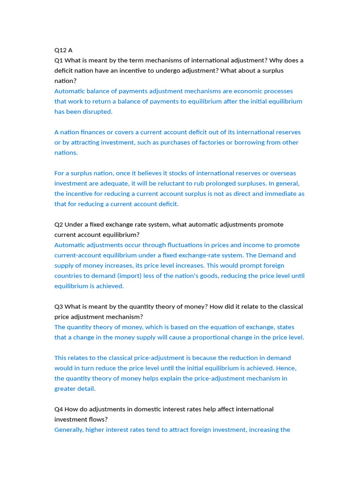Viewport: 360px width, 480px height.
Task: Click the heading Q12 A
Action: [x=63, y=50]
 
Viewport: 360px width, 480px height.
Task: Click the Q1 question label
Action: [x=59, y=60]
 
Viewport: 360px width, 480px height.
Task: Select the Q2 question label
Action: [x=59, y=225]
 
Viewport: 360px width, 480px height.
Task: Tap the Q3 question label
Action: [x=59, y=307]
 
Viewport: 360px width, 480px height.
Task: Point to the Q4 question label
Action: [x=59, y=409]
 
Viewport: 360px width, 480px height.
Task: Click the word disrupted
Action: [x=97, y=112]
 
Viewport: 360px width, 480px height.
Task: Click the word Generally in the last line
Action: [x=69, y=430]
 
